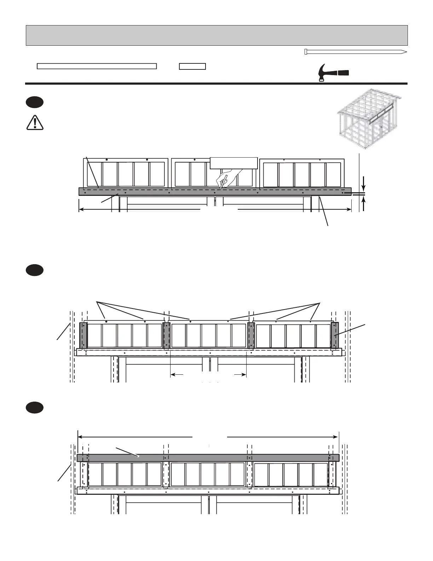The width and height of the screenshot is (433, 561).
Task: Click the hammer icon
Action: coord(333,73)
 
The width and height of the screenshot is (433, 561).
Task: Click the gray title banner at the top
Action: coord(216,35)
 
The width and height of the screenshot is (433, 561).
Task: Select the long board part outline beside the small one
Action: coord(97,66)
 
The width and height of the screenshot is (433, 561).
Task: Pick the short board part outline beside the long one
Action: coord(192,66)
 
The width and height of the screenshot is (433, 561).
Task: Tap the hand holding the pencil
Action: coord(227,177)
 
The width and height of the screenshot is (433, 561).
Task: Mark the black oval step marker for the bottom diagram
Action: coord(34,407)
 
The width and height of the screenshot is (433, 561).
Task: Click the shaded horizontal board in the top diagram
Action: coord(215,191)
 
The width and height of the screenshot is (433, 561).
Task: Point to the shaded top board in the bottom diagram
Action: coord(208,458)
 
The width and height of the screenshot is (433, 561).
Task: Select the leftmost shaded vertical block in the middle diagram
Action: coord(83,335)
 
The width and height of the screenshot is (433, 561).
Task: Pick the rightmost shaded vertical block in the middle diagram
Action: coord(334,335)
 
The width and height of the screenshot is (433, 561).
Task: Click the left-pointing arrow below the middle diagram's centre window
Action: coord(177,374)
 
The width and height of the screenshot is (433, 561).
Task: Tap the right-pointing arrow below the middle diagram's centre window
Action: coord(240,374)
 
